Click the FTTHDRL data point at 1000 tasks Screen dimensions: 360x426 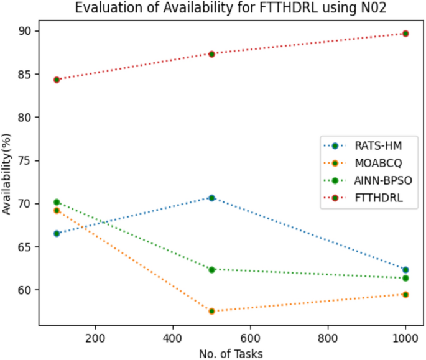click(405, 34)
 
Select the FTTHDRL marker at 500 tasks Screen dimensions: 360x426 click(211, 54)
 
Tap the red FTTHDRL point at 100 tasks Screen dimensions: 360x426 click(57, 80)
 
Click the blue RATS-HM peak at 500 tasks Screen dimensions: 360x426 click(211, 198)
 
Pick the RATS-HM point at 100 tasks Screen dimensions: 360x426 click(57, 233)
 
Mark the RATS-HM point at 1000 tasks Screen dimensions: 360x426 click(405, 269)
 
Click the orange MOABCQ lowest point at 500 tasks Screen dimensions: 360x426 click(211, 311)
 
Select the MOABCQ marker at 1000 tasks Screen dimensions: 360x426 click(405, 294)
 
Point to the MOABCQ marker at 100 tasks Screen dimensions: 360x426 click(57, 210)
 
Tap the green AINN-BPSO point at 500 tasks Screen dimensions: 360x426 click(211, 269)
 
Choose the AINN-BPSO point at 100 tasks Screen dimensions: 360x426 click(57, 202)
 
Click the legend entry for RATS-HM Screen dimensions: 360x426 click(377, 146)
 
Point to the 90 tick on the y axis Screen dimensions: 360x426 click(27, 31)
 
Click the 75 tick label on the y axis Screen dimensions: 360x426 click(27, 160)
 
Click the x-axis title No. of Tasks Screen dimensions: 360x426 click(231, 353)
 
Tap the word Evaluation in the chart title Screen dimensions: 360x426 click(103, 8)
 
